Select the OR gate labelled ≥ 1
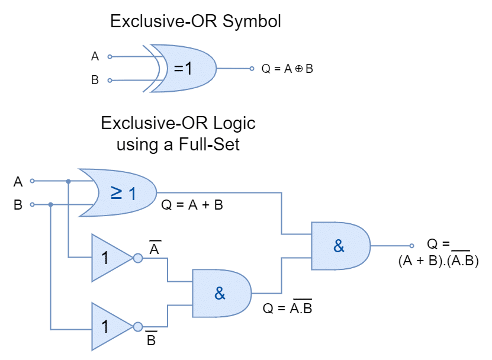click(x=119, y=192)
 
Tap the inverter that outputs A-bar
click(x=113, y=258)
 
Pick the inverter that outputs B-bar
click(x=113, y=326)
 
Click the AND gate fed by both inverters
click(x=221, y=293)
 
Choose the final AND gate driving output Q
click(x=340, y=246)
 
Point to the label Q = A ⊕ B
click(x=287, y=69)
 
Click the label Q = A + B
click(x=192, y=205)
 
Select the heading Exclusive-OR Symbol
click(x=195, y=21)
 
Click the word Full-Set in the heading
click(x=209, y=144)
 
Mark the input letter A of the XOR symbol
click(x=95, y=56)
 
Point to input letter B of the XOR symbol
click(x=95, y=80)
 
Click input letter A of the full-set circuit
click(x=18, y=182)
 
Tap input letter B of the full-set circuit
click(x=18, y=205)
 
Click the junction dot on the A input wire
click(x=69, y=181)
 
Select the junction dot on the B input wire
click(x=50, y=205)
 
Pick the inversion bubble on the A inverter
click(x=138, y=258)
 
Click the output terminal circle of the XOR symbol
click(x=252, y=69)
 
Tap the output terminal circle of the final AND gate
click(x=411, y=246)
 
